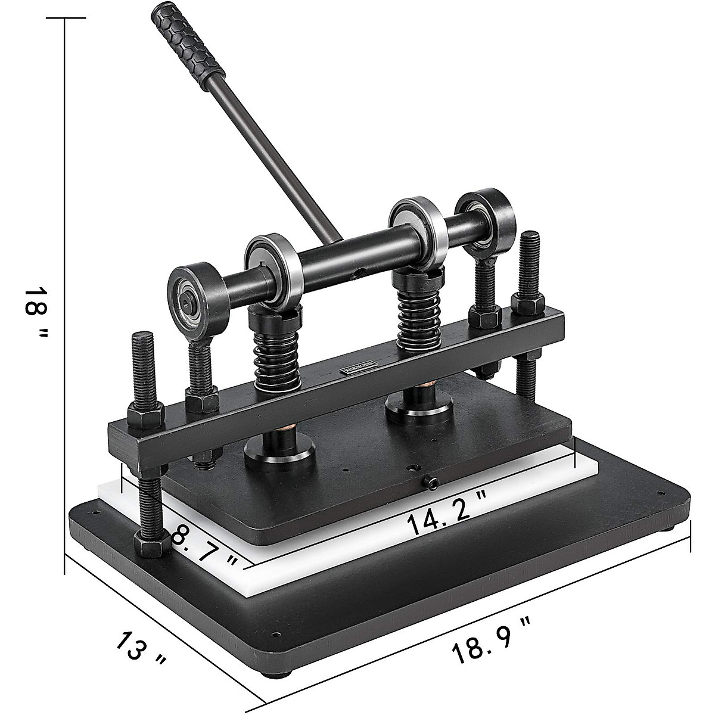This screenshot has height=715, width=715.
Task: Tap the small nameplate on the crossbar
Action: [359, 368]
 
